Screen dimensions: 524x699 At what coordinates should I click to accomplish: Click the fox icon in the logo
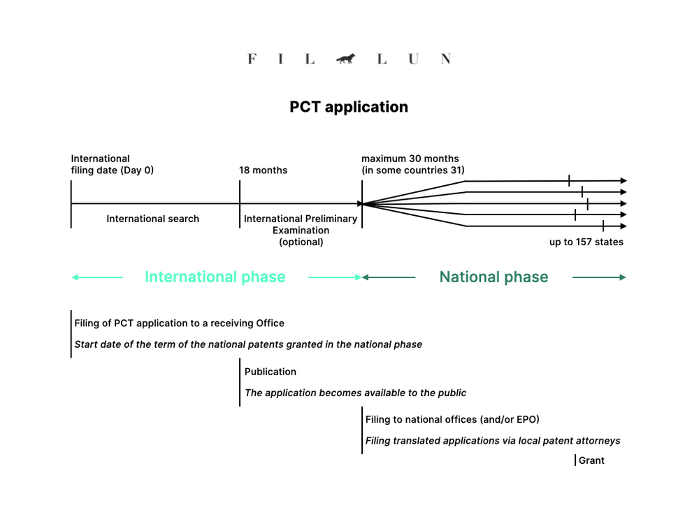pos(345,59)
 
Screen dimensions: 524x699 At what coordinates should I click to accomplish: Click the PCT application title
pos(349,107)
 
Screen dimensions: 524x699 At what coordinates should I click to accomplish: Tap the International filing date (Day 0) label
pos(112,164)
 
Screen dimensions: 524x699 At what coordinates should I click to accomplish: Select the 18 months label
pos(263,170)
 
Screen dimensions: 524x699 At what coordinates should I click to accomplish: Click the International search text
pos(152,219)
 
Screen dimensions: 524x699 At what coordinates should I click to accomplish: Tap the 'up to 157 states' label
pos(586,242)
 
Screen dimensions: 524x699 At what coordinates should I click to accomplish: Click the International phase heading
pos(215,277)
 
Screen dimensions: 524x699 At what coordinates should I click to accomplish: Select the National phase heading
pos(493,277)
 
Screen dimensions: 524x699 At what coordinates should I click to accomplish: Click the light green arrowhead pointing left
pos(75,277)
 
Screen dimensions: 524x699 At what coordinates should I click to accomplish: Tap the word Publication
pos(271,372)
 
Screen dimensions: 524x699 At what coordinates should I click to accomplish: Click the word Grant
pos(591,460)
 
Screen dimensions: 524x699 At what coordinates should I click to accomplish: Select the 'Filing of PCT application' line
pos(180,323)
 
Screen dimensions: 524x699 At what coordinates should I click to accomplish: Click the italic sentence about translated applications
pos(493,440)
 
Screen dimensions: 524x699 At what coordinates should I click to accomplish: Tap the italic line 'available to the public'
pos(355,393)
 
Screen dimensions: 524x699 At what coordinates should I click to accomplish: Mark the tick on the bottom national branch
pos(603,226)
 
